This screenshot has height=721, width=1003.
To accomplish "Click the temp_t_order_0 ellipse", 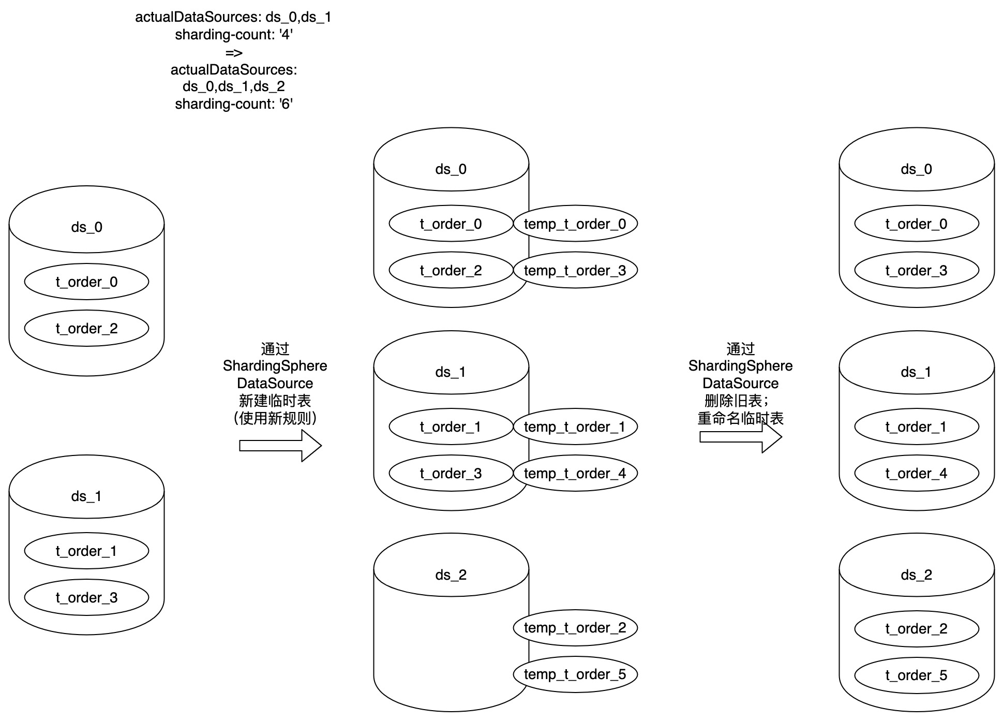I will pyautogui.click(x=575, y=224).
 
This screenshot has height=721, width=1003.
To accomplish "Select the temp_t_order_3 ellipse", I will pyautogui.click(x=575, y=270).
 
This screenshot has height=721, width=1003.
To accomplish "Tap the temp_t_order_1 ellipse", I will pyautogui.click(x=575, y=426).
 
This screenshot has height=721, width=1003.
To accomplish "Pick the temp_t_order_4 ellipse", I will pyautogui.click(x=575, y=473).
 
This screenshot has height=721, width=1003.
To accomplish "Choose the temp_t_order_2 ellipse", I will pyautogui.click(x=575, y=628).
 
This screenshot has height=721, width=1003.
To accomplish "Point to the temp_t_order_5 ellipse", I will pyautogui.click(x=575, y=674).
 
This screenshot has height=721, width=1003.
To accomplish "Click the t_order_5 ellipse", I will pyautogui.click(x=916, y=675).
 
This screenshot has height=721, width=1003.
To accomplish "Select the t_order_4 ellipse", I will pyautogui.click(x=916, y=473).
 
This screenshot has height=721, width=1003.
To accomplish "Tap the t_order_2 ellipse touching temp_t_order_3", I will pyautogui.click(x=451, y=270).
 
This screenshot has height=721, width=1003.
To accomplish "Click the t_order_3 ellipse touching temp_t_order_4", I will pyautogui.click(x=451, y=473).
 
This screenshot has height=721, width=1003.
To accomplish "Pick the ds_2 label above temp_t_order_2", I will pyautogui.click(x=451, y=575).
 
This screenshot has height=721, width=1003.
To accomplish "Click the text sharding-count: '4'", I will pyautogui.click(x=234, y=35).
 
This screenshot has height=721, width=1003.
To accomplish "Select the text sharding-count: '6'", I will pyautogui.click(x=234, y=104).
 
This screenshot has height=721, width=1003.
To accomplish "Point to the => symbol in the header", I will pyautogui.click(x=234, y=52).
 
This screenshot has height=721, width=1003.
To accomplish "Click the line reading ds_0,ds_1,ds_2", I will pyautogui.click(x=234, y=86).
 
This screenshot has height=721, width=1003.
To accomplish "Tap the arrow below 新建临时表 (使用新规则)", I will pyautogui.click(x=280, y=446).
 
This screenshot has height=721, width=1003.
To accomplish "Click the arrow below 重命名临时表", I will pyautogui.click(x=740, y=437).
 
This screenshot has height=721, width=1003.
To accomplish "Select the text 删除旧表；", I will pyautogui.click(x=737, y=401).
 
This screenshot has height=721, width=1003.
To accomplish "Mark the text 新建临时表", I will pyautogui.click(x=275, y=401).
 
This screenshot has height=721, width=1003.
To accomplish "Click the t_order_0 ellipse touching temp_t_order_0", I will pyautogui.click(x=451, y=224).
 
